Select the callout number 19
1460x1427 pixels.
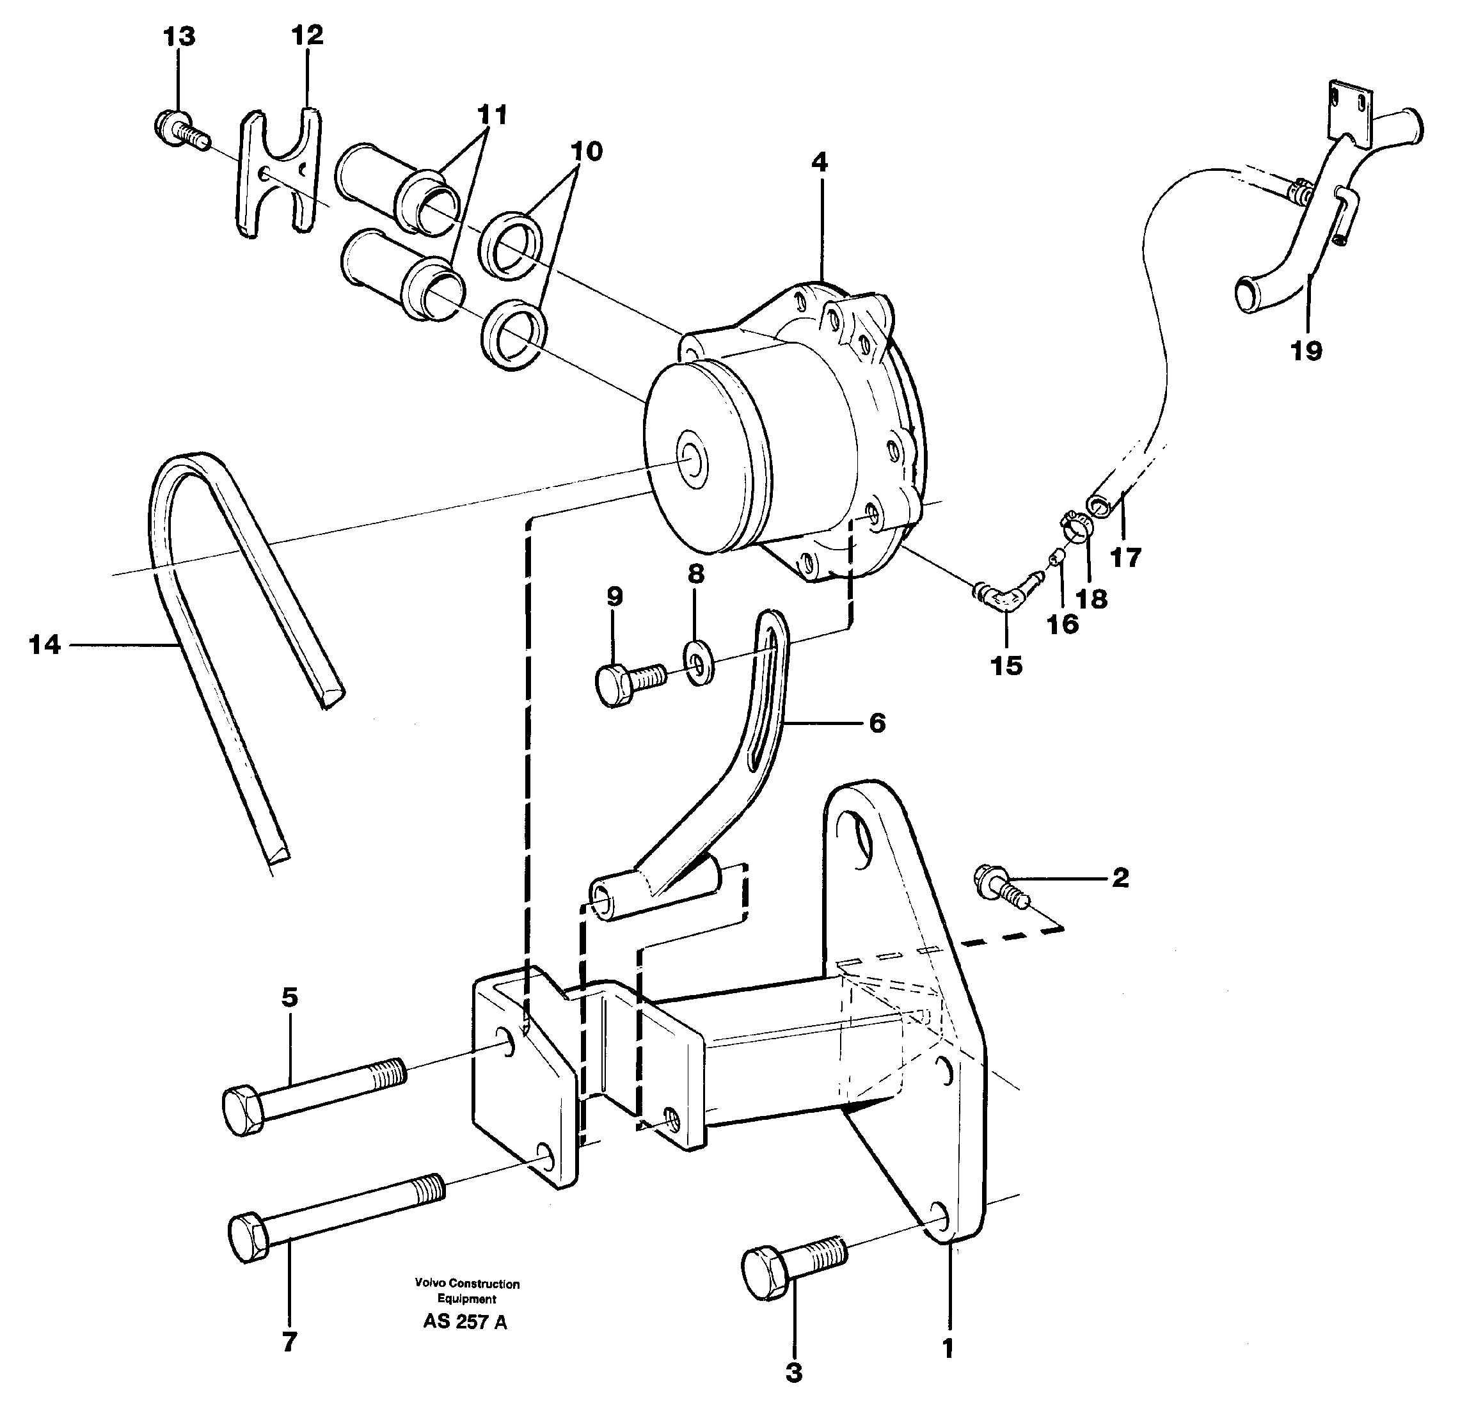pyautogui.click(x=1306, y=350)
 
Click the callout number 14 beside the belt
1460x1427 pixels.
pyautogui.click(x=44, y=644)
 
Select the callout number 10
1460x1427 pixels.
pyautogui.click(x=586, y=152)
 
